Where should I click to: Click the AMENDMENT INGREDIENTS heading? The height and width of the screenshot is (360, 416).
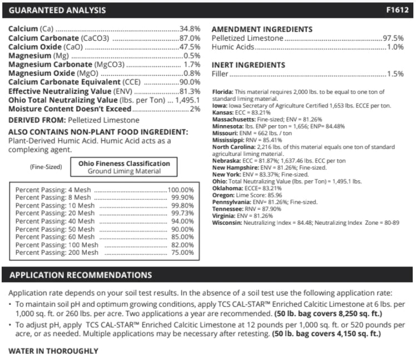(x=263, y=29)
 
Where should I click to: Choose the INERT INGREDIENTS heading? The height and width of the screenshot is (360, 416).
(x=248, y=65)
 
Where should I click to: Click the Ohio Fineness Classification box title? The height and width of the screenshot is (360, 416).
(x=124, y=163)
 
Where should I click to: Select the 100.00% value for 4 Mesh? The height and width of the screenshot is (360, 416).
(x=181, y=190)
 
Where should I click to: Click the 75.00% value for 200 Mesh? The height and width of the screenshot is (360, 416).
(x=182, y=252)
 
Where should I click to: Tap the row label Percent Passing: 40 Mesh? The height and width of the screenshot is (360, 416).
(x=53, y=221)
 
